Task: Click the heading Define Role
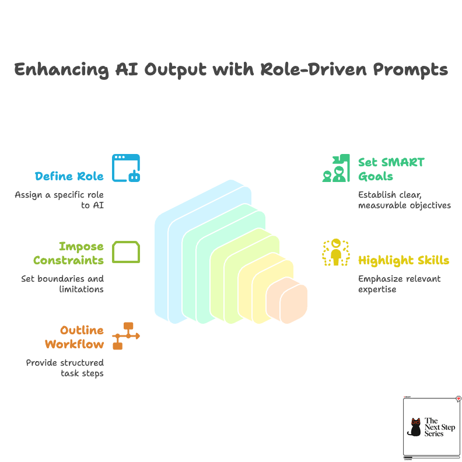[x=69, y=176]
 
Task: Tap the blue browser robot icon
[x=126, y=168]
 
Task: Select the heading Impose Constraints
[x=68, y=253]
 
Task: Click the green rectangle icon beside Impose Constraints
[x=126, y=252]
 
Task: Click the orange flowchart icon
[x=126, y=336]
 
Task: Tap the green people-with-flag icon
[x=336, y=169]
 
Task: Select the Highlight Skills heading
[x=404, y=260]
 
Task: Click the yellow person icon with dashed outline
[x=336, y=252]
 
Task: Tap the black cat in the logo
[x=416, y=428]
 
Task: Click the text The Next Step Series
[x=439, y=428]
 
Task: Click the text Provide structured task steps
[x=65, y=368]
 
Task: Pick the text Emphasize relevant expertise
[x=399, y=283]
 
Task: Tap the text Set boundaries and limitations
[x=62, y=283]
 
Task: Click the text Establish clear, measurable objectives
[x=404, y=199]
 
